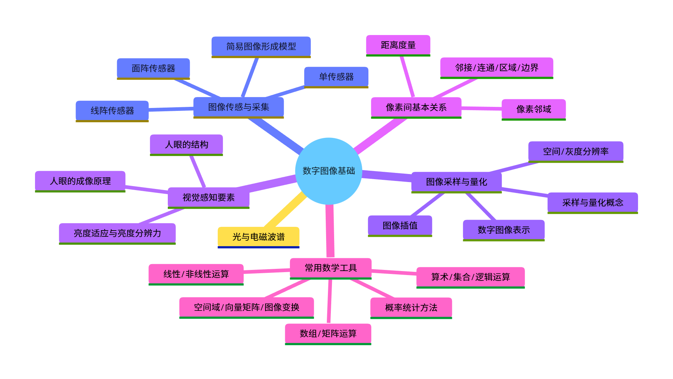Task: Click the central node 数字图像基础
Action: click(328, 171)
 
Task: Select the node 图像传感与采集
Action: click(239, 107)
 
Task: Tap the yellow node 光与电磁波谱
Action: click(258, 237)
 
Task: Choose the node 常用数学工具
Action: click(330, 268)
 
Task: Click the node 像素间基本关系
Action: click(416, 107)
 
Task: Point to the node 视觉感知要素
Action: click(208, 197)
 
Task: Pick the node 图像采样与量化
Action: click(456, 182)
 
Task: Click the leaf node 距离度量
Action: click(398, 45)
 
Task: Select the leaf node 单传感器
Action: click(336, 77)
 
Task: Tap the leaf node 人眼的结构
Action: click(186, 144)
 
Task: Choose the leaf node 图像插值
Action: click(400, 225)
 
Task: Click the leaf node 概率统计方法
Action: click(411, 308)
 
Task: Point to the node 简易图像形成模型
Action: click(261, 46)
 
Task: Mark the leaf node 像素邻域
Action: click(534, 109)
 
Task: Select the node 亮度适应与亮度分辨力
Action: click(117, 233)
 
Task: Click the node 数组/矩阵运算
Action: click(328, 333)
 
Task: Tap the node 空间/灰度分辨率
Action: click(576, 151)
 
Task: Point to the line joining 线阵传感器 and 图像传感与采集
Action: click(171, 109)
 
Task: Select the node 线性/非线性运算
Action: click(196, 274)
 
